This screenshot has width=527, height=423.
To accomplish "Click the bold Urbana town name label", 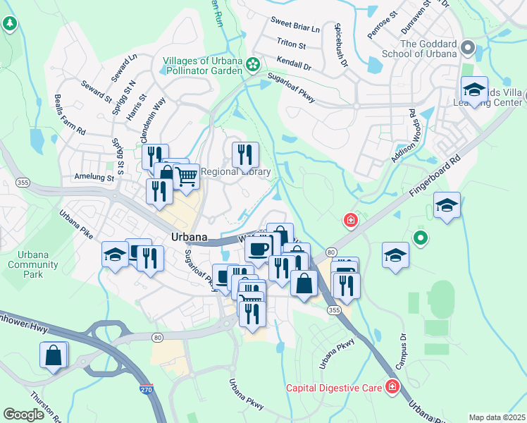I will click(x=188, y=237).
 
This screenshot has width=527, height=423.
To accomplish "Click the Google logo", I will click(x=24, y=415).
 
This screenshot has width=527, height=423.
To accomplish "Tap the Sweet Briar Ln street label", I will click(x=296, y=29).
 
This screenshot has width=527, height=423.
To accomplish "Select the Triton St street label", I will click(x=291, y=45).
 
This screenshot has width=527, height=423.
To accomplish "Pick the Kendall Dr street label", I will click(x=294, y=64).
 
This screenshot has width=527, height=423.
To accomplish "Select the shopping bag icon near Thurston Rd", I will click(x=54, y=355).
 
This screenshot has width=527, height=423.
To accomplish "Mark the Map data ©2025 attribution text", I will click(x=497, y=417).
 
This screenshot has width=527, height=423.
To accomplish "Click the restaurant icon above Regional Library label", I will click(x=245, y=154).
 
